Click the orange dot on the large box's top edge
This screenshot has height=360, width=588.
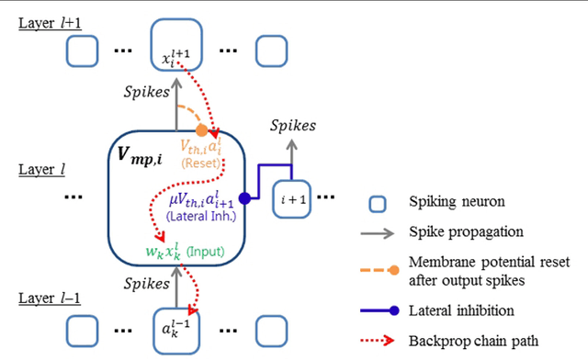[202, 130]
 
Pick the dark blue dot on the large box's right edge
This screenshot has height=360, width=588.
[244, 198]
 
